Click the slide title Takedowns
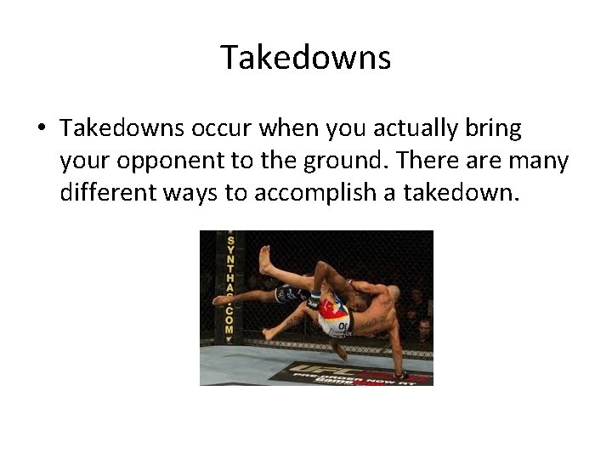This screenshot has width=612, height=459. (x=306, y=58)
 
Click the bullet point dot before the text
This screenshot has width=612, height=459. (x=41, y=129)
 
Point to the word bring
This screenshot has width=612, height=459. (x=496, y=130)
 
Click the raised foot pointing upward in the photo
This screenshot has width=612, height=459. (x=265, y=258)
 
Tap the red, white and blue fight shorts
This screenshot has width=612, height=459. (x=331, y=314)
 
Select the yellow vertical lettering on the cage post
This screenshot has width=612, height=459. (x=229, y=285)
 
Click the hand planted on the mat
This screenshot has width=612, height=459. (x=398, y=371)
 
